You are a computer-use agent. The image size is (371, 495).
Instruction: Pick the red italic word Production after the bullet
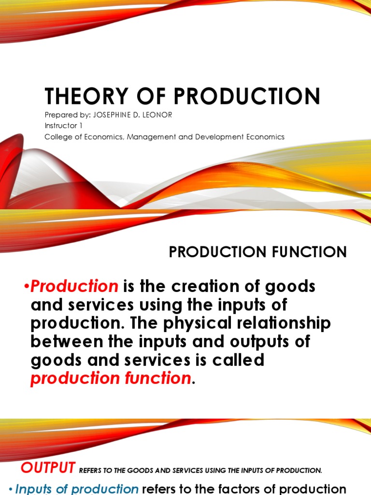[74, 287]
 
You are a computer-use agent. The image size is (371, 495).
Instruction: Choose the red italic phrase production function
[111, 379]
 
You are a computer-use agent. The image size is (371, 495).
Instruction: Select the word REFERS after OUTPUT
[91, 470]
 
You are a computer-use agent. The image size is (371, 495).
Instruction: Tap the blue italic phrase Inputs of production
[77, 489]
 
